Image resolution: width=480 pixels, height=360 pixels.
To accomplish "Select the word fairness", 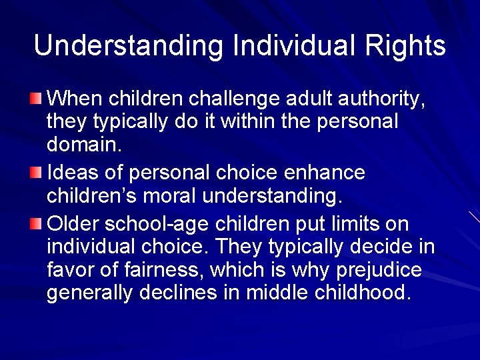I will coord(165,271).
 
